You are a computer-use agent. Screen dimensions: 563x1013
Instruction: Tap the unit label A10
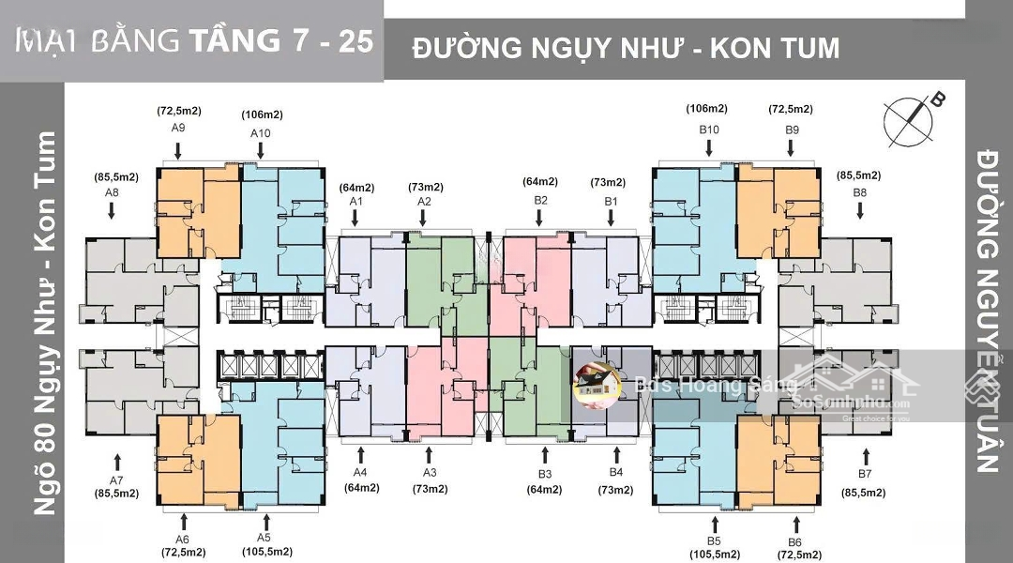coord(261,133)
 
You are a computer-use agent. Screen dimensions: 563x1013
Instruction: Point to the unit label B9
coord(792,129)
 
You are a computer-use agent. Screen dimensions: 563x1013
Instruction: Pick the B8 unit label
coord(860,192)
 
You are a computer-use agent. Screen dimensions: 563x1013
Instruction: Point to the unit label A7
coord(117,479)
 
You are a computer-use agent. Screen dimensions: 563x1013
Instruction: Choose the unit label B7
coord(865,474)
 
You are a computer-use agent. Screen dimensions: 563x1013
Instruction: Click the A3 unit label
coord(430,473)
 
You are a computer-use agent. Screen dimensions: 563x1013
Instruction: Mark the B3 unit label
coord(545,474)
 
